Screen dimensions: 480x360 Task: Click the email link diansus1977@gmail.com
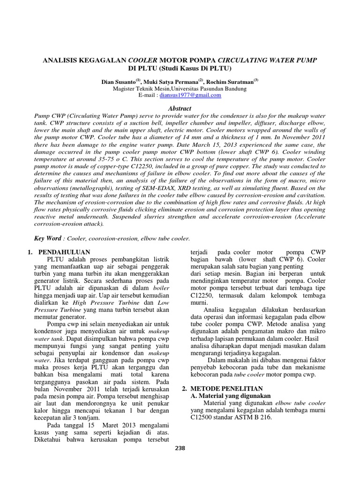tap(190, 95)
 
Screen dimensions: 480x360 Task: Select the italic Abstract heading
tap(180, 108)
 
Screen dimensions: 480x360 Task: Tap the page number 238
tap(180, 448)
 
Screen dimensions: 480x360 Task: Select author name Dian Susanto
tap(119, 82)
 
